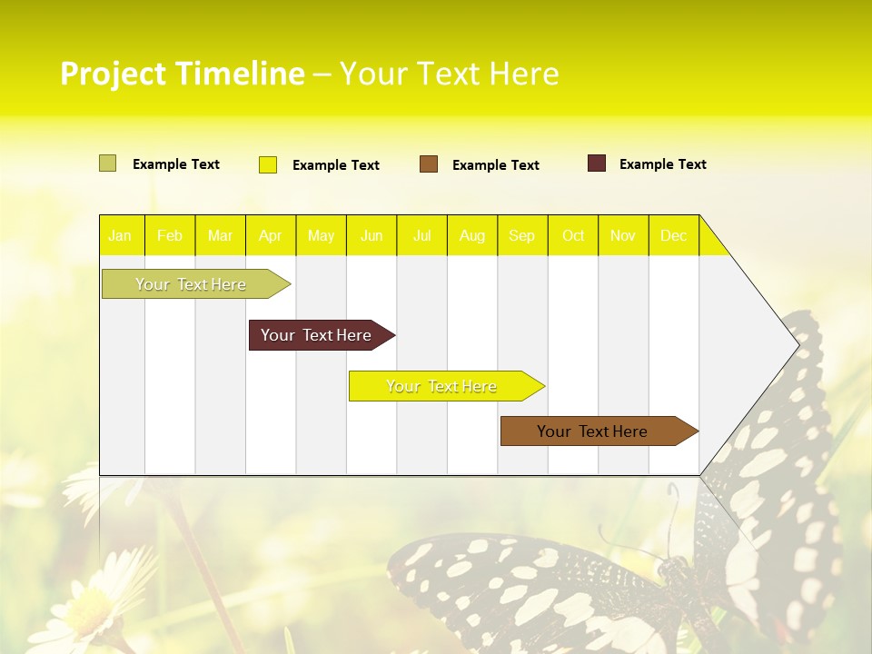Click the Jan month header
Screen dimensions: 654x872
point(120,236)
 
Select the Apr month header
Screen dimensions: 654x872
point(271,236)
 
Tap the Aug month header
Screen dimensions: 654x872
point(472,236)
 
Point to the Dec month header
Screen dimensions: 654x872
point(674,236)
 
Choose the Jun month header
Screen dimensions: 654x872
point(372,236)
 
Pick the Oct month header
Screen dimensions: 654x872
point(573,236)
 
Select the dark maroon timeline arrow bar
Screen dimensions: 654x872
point(318,335)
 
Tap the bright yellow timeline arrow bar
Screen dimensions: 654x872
point(443,386)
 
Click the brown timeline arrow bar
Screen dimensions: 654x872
point(595,431)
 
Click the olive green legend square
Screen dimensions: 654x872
point(108,163)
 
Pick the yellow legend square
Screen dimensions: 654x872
point(268,164)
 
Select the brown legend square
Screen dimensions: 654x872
point(429,164)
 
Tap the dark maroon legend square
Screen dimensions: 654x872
point(597,163)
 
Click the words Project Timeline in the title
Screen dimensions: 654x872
point(182,74)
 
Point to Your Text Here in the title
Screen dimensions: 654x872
point(450,74)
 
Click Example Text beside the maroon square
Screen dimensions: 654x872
point(662,164)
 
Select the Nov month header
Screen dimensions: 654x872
point(623,236)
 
